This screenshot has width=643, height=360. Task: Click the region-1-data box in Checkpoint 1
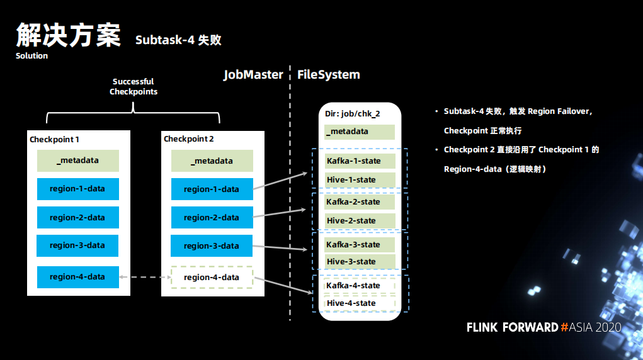click(x=78, y=189)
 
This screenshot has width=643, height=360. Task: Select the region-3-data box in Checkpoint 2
click(x=212, y=245)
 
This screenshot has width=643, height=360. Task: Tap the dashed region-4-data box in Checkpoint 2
click(x=212, y=277)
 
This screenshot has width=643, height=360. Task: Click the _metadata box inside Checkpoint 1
click(x=78, y=160)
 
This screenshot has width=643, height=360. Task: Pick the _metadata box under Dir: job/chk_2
click(x=360, y=132)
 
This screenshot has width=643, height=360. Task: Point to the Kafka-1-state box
click(x=360, y=160)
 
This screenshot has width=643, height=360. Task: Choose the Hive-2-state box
click(x=360, y=220)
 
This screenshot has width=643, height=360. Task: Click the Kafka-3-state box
click(x=360, y=245)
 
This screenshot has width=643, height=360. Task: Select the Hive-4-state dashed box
click(x=360, y=303)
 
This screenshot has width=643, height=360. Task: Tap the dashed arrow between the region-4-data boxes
click(x=145, y=277)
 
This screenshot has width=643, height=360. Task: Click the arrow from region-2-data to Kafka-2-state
click(x=279, y=213)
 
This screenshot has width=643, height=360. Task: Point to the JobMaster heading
click(x=253, y=75)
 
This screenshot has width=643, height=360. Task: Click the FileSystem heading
click(x=329, y=75)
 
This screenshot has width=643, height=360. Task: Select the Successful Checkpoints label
click(x=134, y=86)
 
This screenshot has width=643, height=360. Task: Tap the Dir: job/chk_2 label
click(x=352, y=113)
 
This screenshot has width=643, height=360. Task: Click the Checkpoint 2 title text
click(x=189, y=139)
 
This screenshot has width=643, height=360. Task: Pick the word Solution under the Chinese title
click(x=31, y=56)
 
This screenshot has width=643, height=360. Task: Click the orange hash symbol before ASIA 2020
click(x=564, y=327)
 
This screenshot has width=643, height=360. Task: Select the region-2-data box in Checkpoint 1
click(x=78, y=218)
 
